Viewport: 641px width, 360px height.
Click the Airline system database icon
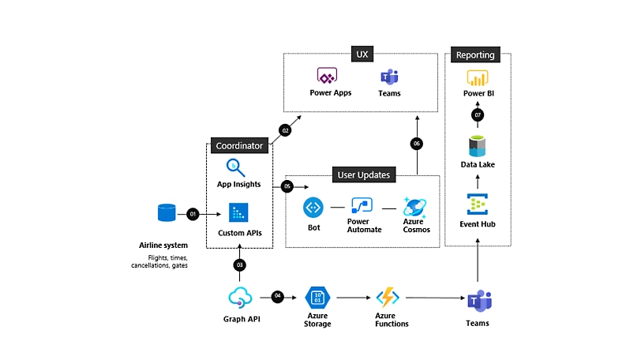167,212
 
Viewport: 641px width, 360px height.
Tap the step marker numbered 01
193,213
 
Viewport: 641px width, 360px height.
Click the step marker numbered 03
238,264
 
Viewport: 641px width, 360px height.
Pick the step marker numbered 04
277,296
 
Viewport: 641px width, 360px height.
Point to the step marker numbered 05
287,186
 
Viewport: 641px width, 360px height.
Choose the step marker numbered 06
417,144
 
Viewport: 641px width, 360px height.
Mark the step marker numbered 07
478,114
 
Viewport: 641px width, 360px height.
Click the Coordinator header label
239,145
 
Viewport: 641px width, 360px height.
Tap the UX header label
362,54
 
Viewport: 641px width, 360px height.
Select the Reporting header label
475,55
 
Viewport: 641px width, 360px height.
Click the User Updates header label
363,174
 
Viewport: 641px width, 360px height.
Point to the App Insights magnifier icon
236,167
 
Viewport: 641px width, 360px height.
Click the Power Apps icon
327,77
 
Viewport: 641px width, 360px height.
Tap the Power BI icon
478,78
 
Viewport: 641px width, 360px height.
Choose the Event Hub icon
478,204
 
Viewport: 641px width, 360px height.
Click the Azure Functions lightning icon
388,298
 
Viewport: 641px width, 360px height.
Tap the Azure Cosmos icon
415,208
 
